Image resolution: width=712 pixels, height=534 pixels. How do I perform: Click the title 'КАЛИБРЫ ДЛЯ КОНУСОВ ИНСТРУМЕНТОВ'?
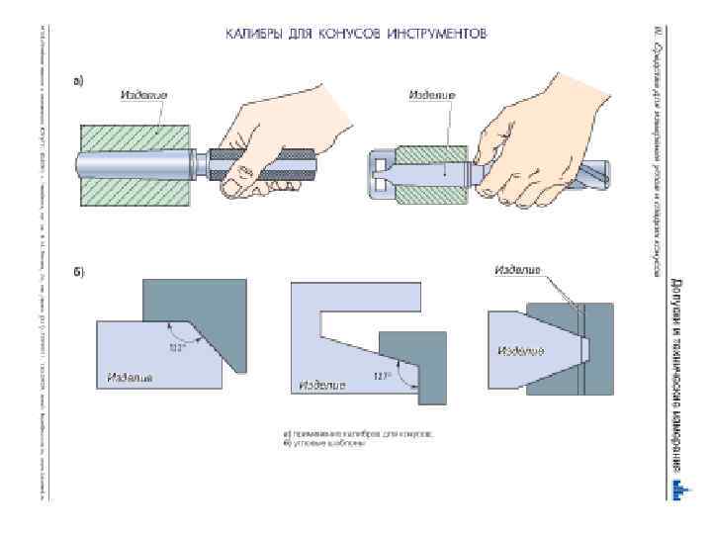[356, 34]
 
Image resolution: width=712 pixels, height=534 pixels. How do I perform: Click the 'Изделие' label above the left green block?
[143, 95]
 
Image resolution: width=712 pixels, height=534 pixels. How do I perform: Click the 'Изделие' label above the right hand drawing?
[431, 95]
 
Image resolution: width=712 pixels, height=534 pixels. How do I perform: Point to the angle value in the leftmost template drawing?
[178, 346]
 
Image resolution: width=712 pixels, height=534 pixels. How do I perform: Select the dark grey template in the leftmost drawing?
[208, 307]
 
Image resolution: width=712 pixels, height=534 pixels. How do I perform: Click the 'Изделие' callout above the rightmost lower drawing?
[517, 270]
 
